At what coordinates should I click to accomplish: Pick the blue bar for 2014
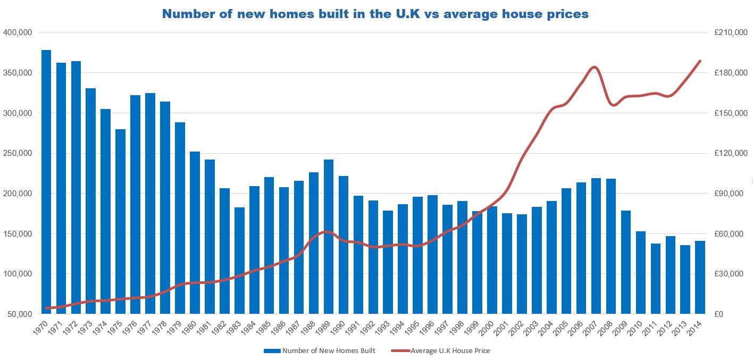700,277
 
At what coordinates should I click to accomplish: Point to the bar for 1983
239,261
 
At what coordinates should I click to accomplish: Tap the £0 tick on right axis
719,314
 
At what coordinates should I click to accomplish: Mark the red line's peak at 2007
595,68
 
